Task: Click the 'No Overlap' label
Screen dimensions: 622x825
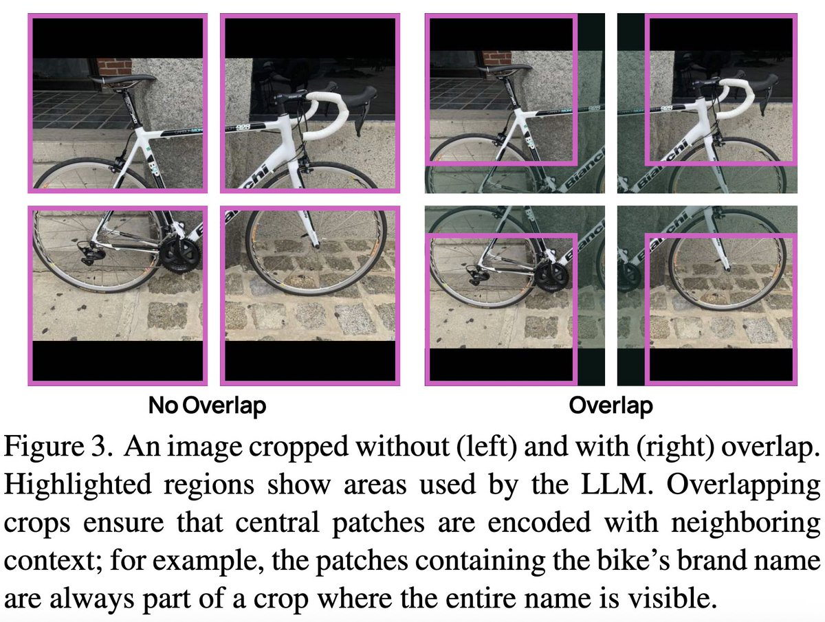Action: [207, 406]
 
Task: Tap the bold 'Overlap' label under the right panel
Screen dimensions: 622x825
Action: [610, 406]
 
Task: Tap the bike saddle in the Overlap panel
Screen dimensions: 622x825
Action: [508, 69]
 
